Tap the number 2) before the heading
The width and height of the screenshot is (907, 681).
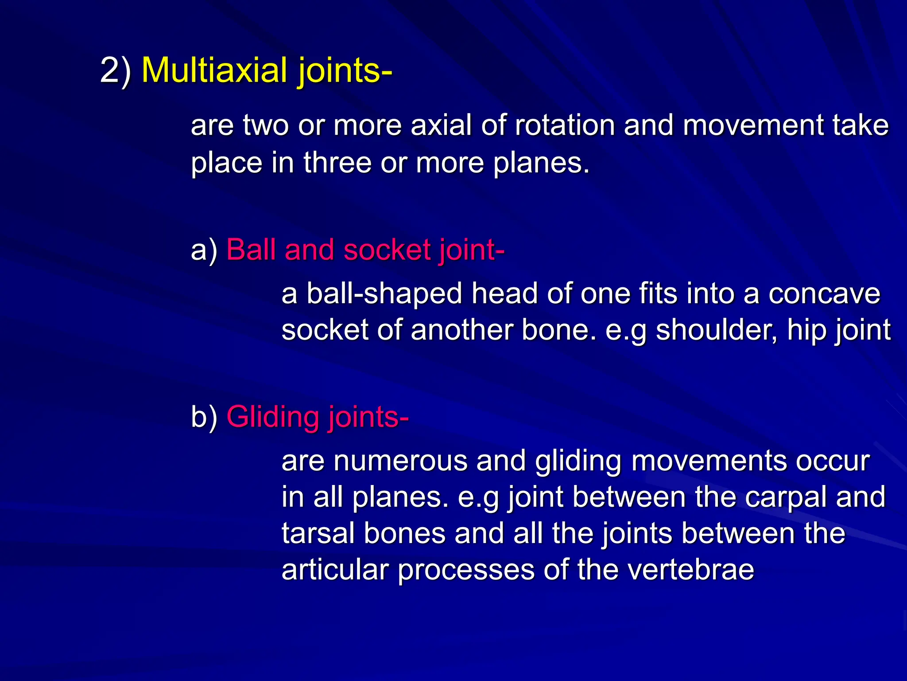coord(116,70)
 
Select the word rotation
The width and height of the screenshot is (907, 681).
coord(565,125)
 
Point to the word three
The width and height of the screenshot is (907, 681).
coord(337,163)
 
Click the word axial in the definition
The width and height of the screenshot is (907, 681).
coord(441,125)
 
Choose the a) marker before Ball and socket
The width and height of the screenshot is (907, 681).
coord(204,250)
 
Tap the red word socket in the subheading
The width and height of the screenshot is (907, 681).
coord(387,250)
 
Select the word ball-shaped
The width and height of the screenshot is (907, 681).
coord(384,294)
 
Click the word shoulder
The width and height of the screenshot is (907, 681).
coord(716,330)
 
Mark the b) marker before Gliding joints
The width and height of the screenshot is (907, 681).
coord(204,417)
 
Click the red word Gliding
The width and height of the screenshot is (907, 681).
coord(272,417)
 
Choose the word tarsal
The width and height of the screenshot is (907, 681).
coord(318,533)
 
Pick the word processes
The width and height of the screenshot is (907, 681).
coord(466,570)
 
